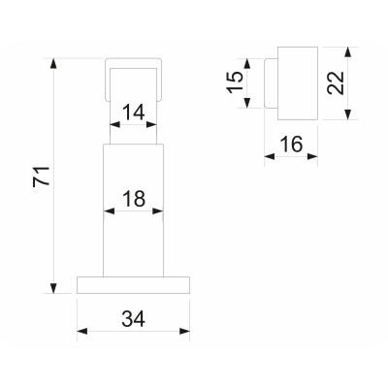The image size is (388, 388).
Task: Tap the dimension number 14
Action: tap(134, 112)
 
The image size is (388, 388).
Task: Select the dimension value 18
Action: tap(134, 201)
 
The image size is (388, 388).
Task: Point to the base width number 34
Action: tap(134, 318)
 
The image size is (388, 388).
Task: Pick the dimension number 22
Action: tap(336, 81)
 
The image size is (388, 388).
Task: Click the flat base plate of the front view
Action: tap(133, 283)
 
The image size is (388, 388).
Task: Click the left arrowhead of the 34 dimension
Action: tap(82, 332)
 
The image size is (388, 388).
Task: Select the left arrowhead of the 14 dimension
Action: tap(113, 124)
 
